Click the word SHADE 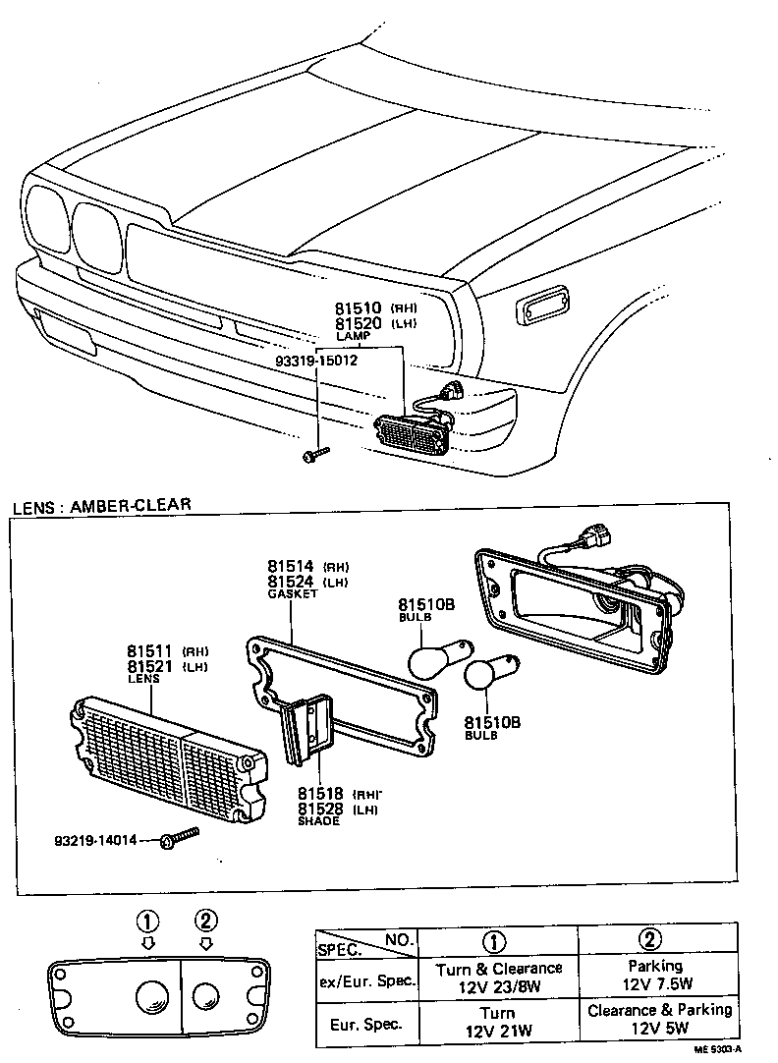pos(318,820)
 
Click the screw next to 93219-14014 pos(177,837)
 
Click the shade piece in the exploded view pos(306,728)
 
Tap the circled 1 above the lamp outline pos(147,922)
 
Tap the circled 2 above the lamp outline pos(205,922)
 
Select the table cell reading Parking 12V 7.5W pos(657,976)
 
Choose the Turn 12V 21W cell pos(498,1022)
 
